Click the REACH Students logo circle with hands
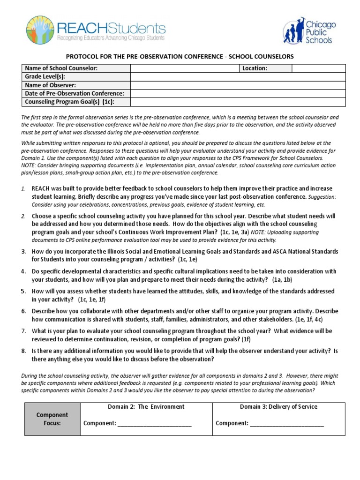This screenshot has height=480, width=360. tap(40, 30)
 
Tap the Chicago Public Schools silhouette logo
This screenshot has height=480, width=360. tap(294, 32)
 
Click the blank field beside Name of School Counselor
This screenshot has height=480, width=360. tap(184, 68)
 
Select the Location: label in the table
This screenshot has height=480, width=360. tap(255, 68)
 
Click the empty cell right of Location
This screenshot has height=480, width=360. tap(318, 68)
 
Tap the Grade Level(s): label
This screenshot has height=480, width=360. tap(45, 77)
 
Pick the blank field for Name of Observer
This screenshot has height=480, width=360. tap(238, 85)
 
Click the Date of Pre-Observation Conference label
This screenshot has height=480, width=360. tap(74, 94)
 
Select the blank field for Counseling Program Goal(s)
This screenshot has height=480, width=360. tap(238, 102)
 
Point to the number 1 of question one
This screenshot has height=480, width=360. tap(23, 188)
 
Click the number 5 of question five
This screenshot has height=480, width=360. tap(23, 291)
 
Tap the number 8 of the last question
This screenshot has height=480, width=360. tap(23, 351)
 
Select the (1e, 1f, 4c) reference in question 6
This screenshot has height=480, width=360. tap(309, 319)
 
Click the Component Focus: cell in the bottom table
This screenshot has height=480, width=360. tap(52, 419)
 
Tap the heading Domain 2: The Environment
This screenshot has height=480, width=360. tap(146, 407)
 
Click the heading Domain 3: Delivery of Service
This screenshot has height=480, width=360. tap(278, 407)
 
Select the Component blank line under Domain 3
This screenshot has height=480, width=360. tap(286, 424)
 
